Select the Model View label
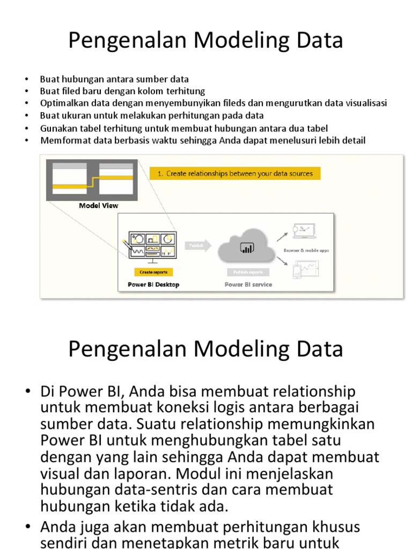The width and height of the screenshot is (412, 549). tap(99, 205)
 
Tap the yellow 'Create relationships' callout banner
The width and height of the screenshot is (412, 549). tap(235, 173)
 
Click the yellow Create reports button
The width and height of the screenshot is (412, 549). tap(153, 272)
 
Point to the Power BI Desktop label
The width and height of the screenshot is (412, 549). tap(153, 285)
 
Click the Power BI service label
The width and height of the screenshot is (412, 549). tap(248, 285)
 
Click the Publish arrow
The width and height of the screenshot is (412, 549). tap(197, 245)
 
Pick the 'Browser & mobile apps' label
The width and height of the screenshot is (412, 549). tap(306, 250)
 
